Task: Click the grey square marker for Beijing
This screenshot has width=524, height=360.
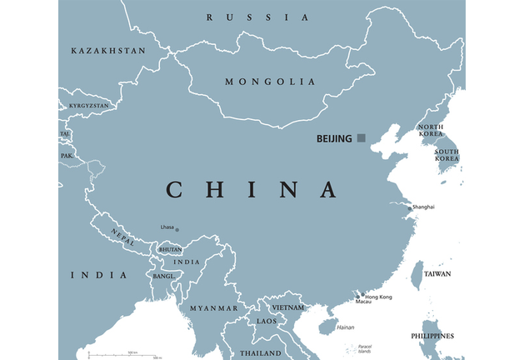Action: click(361, 137)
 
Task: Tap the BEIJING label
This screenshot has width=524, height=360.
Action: click(334, 138)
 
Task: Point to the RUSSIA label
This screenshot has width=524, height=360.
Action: click(257, 17)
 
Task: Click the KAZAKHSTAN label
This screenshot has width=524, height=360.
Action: click(108, 51)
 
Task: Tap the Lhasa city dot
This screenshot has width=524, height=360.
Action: click(177, 230)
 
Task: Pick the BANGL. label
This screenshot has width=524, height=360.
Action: click(162, 276)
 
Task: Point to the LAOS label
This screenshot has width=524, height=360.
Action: click(267, 321)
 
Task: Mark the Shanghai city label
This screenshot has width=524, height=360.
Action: click(422, 207)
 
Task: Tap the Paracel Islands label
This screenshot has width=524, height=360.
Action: click(364, 348)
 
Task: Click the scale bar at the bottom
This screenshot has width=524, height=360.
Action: click(125, 356)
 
